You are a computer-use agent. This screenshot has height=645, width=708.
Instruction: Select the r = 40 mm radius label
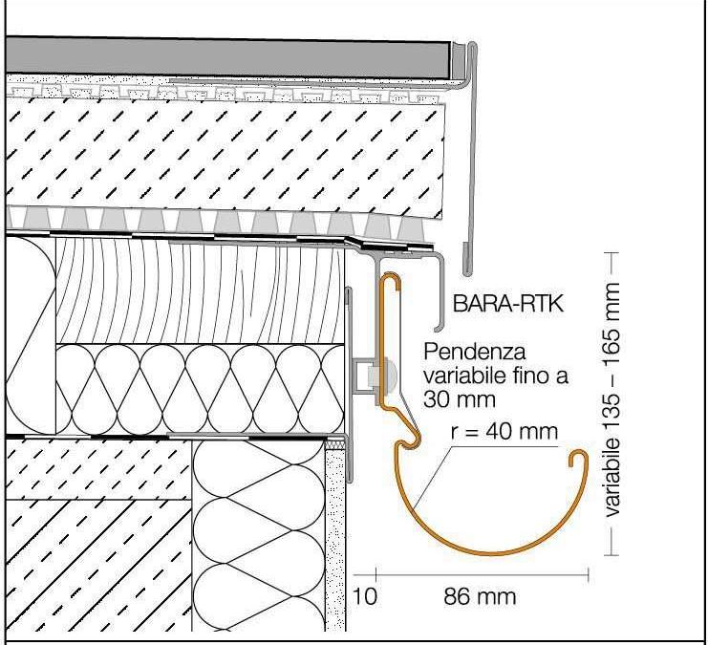[504, 432]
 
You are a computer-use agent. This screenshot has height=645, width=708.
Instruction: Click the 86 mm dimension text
[481, 597]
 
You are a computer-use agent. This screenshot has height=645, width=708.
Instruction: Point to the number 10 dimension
[363, 597]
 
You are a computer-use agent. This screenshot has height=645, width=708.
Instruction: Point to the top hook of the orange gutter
[390, 278]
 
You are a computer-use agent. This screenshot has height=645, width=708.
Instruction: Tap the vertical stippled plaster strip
[335, 535]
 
